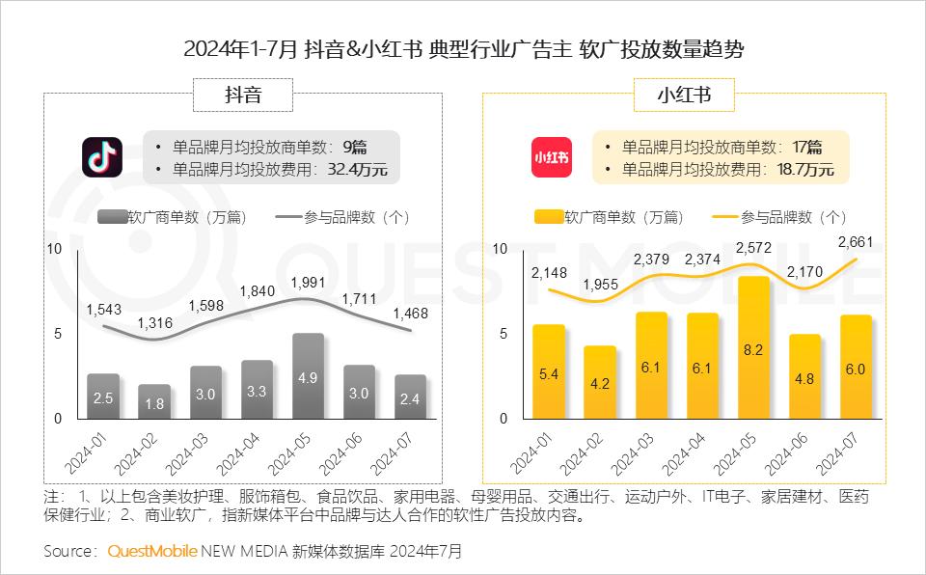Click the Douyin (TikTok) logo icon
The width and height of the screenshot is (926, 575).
pyautogui.click(x=103, y=157)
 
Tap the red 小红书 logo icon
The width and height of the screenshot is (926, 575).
pyautogui.click(x=551, y=157)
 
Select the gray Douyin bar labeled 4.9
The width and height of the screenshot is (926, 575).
pyautogui.click(x=308, y=376)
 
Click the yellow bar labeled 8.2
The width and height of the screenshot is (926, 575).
pyautogui.click(x=754, y=348)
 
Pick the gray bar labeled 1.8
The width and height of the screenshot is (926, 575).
pyautogui.click(x=154, y=401)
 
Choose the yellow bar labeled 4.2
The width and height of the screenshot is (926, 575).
pyautogui.click(x=599, y=382)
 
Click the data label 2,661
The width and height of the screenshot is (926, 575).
pyautogui.click(x=856, y=241)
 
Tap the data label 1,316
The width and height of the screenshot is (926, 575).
pyautogui.click(x=155, y=323)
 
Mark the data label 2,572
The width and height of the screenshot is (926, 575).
pyautogui.click(x=754, y=248)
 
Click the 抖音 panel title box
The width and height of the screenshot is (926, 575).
pyautogui.click(x=243, y=95)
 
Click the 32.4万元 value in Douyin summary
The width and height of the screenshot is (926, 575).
pyautogui.click(x=358, y=170)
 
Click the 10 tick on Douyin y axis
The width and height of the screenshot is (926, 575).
pyautogui.click(x=55, y=249)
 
